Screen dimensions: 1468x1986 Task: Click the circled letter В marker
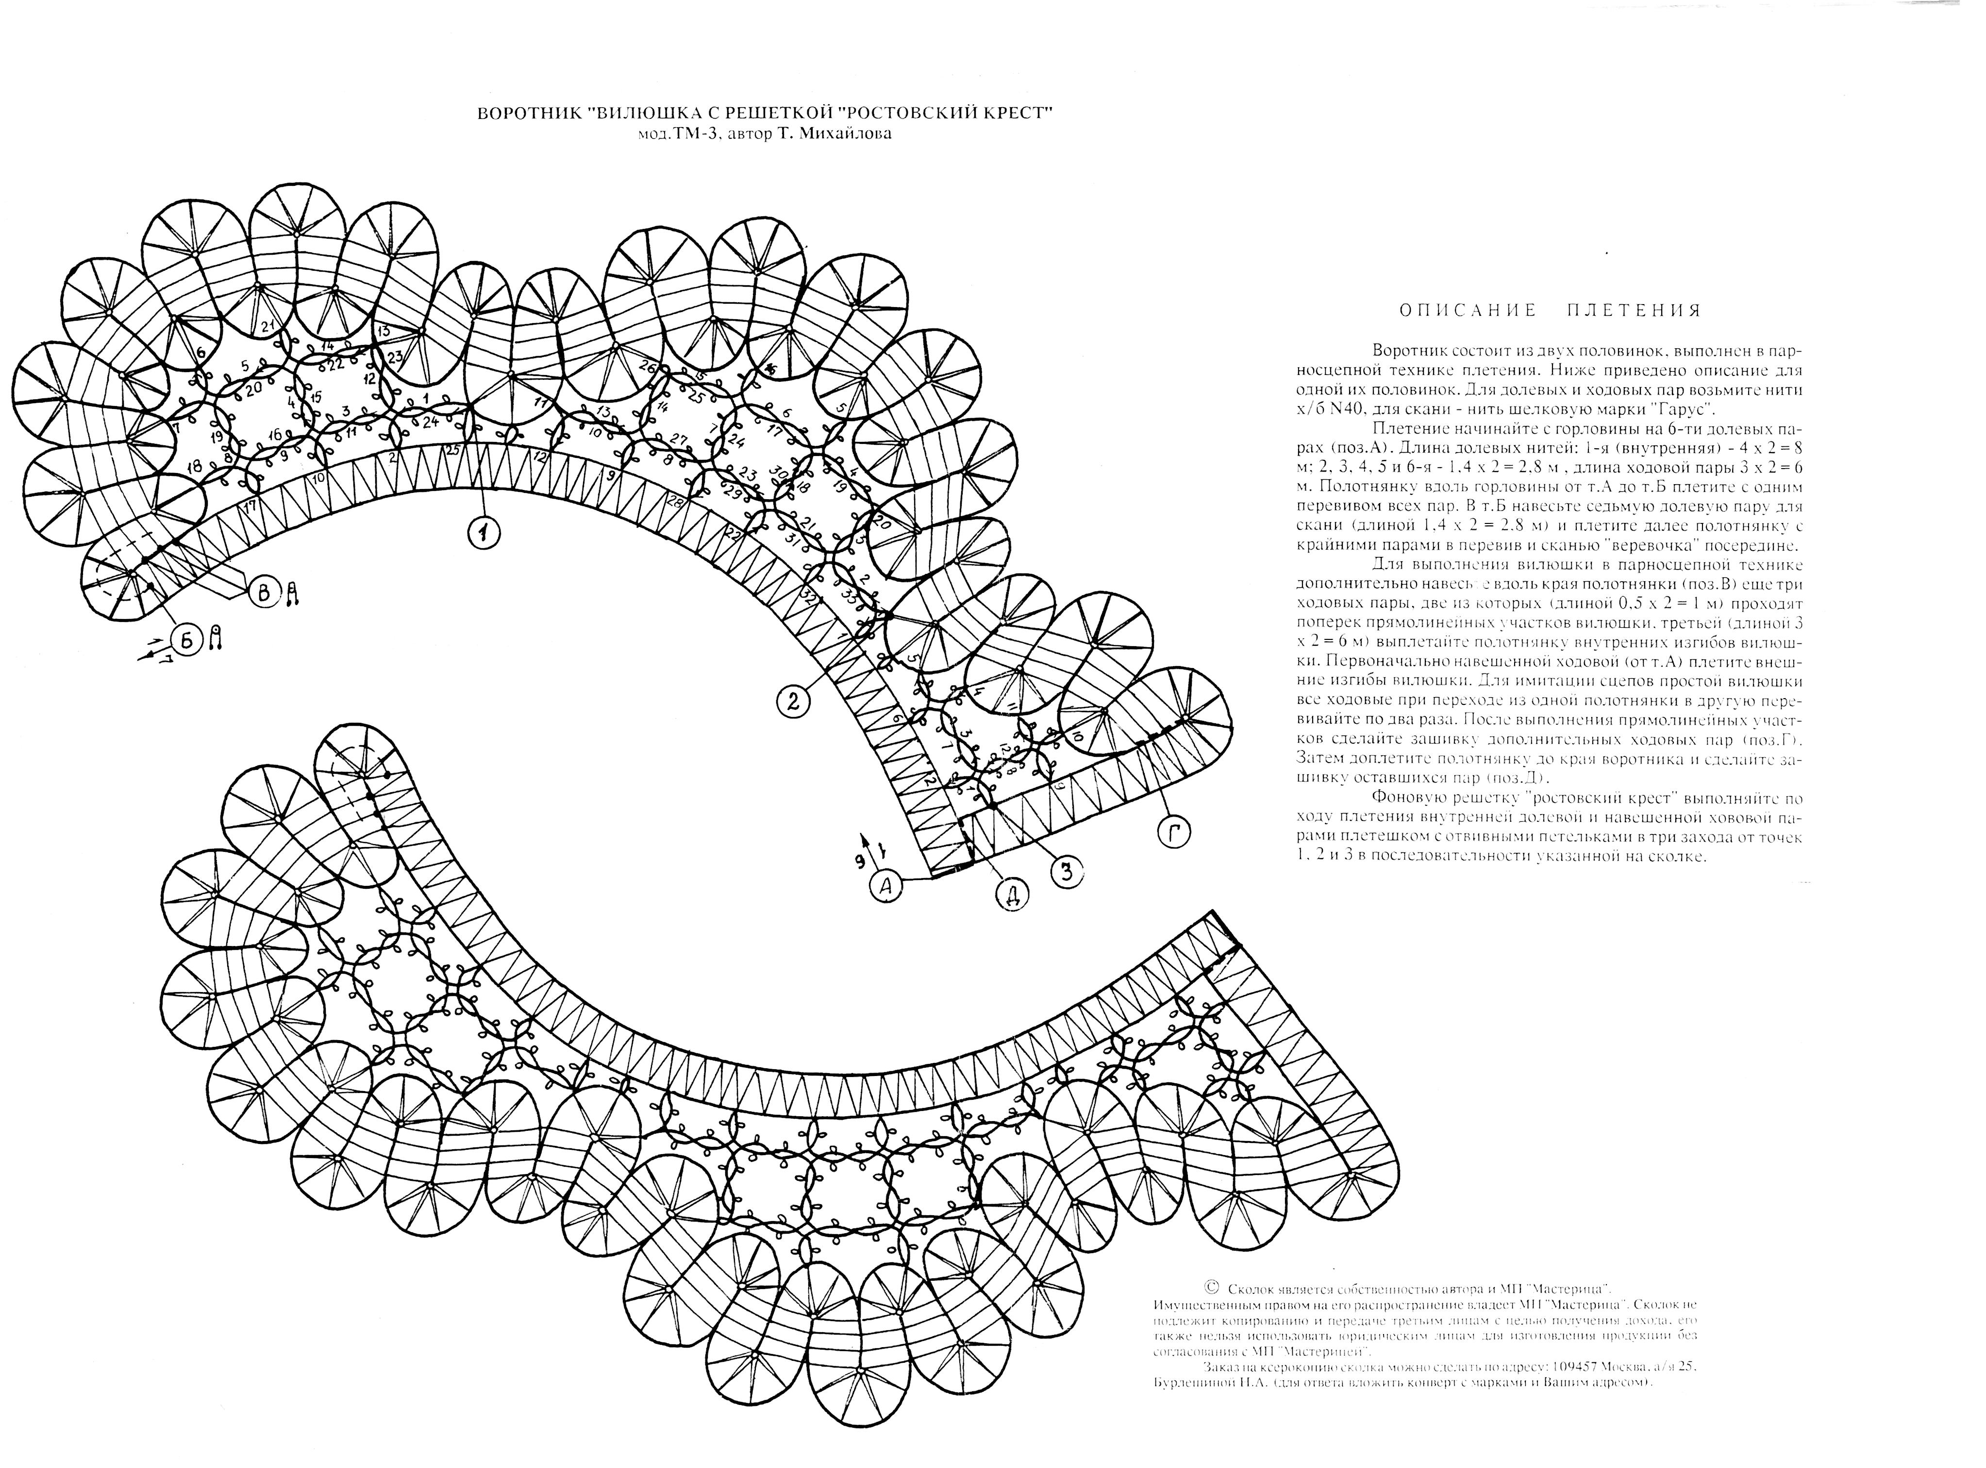pyautogui.click(x=265, y=593)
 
